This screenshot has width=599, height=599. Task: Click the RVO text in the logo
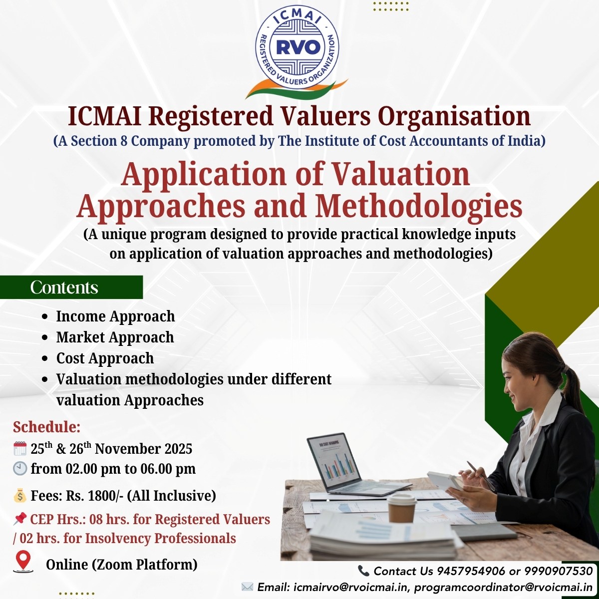click(298, 47)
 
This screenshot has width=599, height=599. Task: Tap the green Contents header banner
click(71, 287)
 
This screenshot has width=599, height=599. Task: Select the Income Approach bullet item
click(115, 316)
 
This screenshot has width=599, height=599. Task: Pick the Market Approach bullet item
click(115, 337)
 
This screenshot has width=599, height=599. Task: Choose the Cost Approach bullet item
click(105, 358)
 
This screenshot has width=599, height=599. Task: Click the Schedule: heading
click(46, 427)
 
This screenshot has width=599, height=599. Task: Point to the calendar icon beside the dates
click(20, 448)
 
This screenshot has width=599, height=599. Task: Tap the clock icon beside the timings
click(20, 469)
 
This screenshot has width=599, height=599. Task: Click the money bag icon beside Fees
click(20, 496)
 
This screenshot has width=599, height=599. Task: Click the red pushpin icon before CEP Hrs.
click(20, 519)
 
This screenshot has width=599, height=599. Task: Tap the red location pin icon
click(23, 561)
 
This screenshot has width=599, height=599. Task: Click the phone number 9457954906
click(471, 571)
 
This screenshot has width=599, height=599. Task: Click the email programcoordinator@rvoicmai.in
click(503, 587)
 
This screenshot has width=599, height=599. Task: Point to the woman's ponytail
click(573, 384)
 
